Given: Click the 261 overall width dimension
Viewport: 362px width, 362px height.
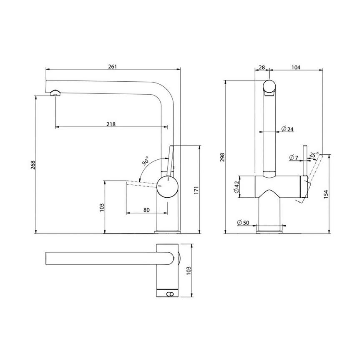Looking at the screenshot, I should (113, 66).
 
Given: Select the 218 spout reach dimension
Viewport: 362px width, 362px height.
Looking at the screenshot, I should (111, 124).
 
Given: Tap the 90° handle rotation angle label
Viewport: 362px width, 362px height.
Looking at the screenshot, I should (146, 161).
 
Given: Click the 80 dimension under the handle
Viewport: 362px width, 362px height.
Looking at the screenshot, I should (146, 210).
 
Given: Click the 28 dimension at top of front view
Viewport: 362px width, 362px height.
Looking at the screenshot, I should (262, 67).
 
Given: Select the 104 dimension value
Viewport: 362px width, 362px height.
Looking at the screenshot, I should (297, 67).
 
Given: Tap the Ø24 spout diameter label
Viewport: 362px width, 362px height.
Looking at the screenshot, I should (287, 129).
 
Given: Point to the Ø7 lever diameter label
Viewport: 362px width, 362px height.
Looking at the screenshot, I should (294, 158).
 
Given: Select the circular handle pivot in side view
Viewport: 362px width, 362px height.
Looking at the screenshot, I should (167, 186).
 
